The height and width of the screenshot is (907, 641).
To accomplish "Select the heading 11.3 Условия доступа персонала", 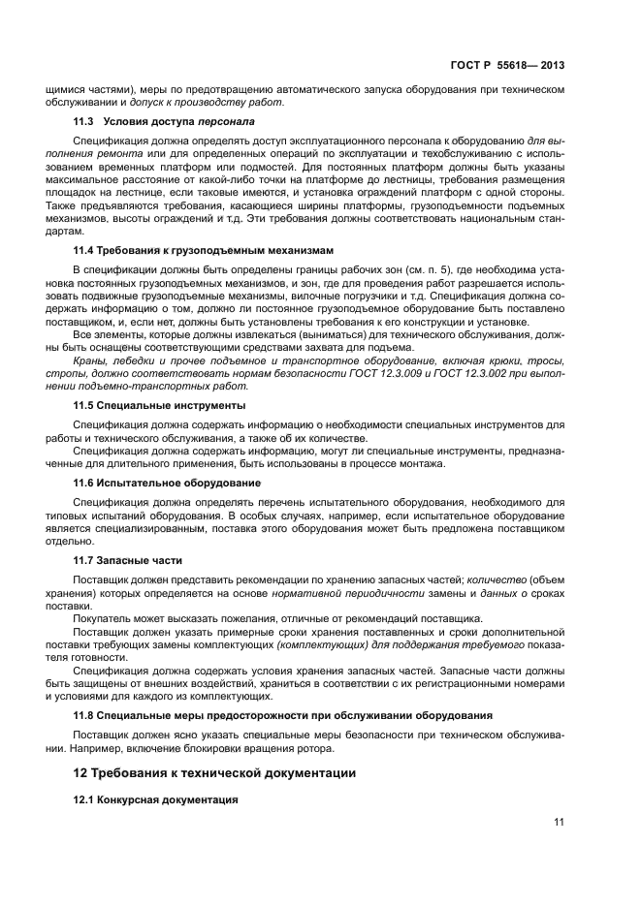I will point(165,122).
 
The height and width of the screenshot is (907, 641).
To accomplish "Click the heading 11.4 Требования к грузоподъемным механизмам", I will point(204,250).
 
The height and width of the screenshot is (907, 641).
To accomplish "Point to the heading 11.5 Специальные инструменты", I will point(160,404).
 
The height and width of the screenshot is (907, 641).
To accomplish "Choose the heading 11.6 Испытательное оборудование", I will point(167,483).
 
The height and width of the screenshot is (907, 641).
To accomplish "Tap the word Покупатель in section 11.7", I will point(106,617).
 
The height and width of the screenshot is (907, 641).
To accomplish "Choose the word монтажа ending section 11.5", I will point(424,463).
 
